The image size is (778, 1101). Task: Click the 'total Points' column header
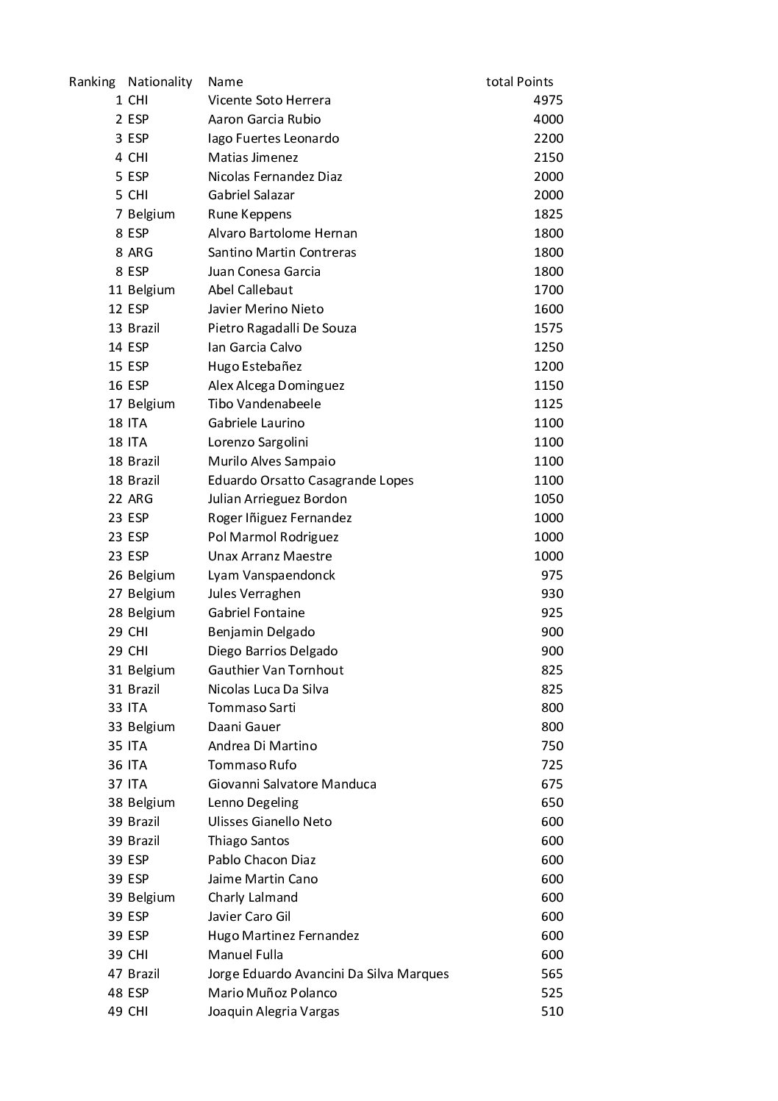click(x=519, y=82)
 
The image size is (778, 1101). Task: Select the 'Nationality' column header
click(x=160, y=82)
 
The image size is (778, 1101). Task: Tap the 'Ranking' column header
click(x=92, y=82)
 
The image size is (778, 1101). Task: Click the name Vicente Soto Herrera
click(x=269, y=100)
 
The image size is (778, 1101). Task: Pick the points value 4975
click(x=548, y=100)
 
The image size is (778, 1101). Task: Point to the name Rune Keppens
click(x=249, y=214)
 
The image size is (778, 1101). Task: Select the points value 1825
click(x=548, y=214)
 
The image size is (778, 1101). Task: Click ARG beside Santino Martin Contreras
click(x=140, y=252)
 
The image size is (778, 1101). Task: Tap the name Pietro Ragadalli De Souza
click(x=282, y=328)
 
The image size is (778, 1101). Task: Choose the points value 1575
click(x=548, y=328)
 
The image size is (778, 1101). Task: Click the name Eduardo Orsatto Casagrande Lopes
click(x=310, y=480)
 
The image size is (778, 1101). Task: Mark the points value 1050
click(x=548, y=499)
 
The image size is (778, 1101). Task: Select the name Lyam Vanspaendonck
click(x=271, y=575)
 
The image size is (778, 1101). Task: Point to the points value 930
click(x=552, y=594)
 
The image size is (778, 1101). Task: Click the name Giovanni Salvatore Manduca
click(x=292, y=784)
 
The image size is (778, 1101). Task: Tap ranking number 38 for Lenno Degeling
click(x=115, y=802)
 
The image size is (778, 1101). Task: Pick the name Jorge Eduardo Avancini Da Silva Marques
click(x=328, y=974)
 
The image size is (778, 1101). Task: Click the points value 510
click(x=552, y=1011)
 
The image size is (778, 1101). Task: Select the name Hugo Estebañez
click(x=254, y=366)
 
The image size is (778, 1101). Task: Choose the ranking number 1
click(x=118, y=100)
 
